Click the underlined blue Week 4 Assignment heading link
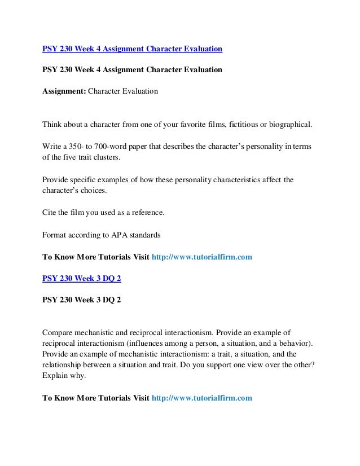click(133, 49)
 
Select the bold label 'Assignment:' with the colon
click(64, 90)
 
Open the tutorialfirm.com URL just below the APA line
click(202, 257)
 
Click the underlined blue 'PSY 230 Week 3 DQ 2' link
click(81, 277)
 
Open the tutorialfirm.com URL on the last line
click(202, 398)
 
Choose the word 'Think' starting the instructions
click(53, 124)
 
